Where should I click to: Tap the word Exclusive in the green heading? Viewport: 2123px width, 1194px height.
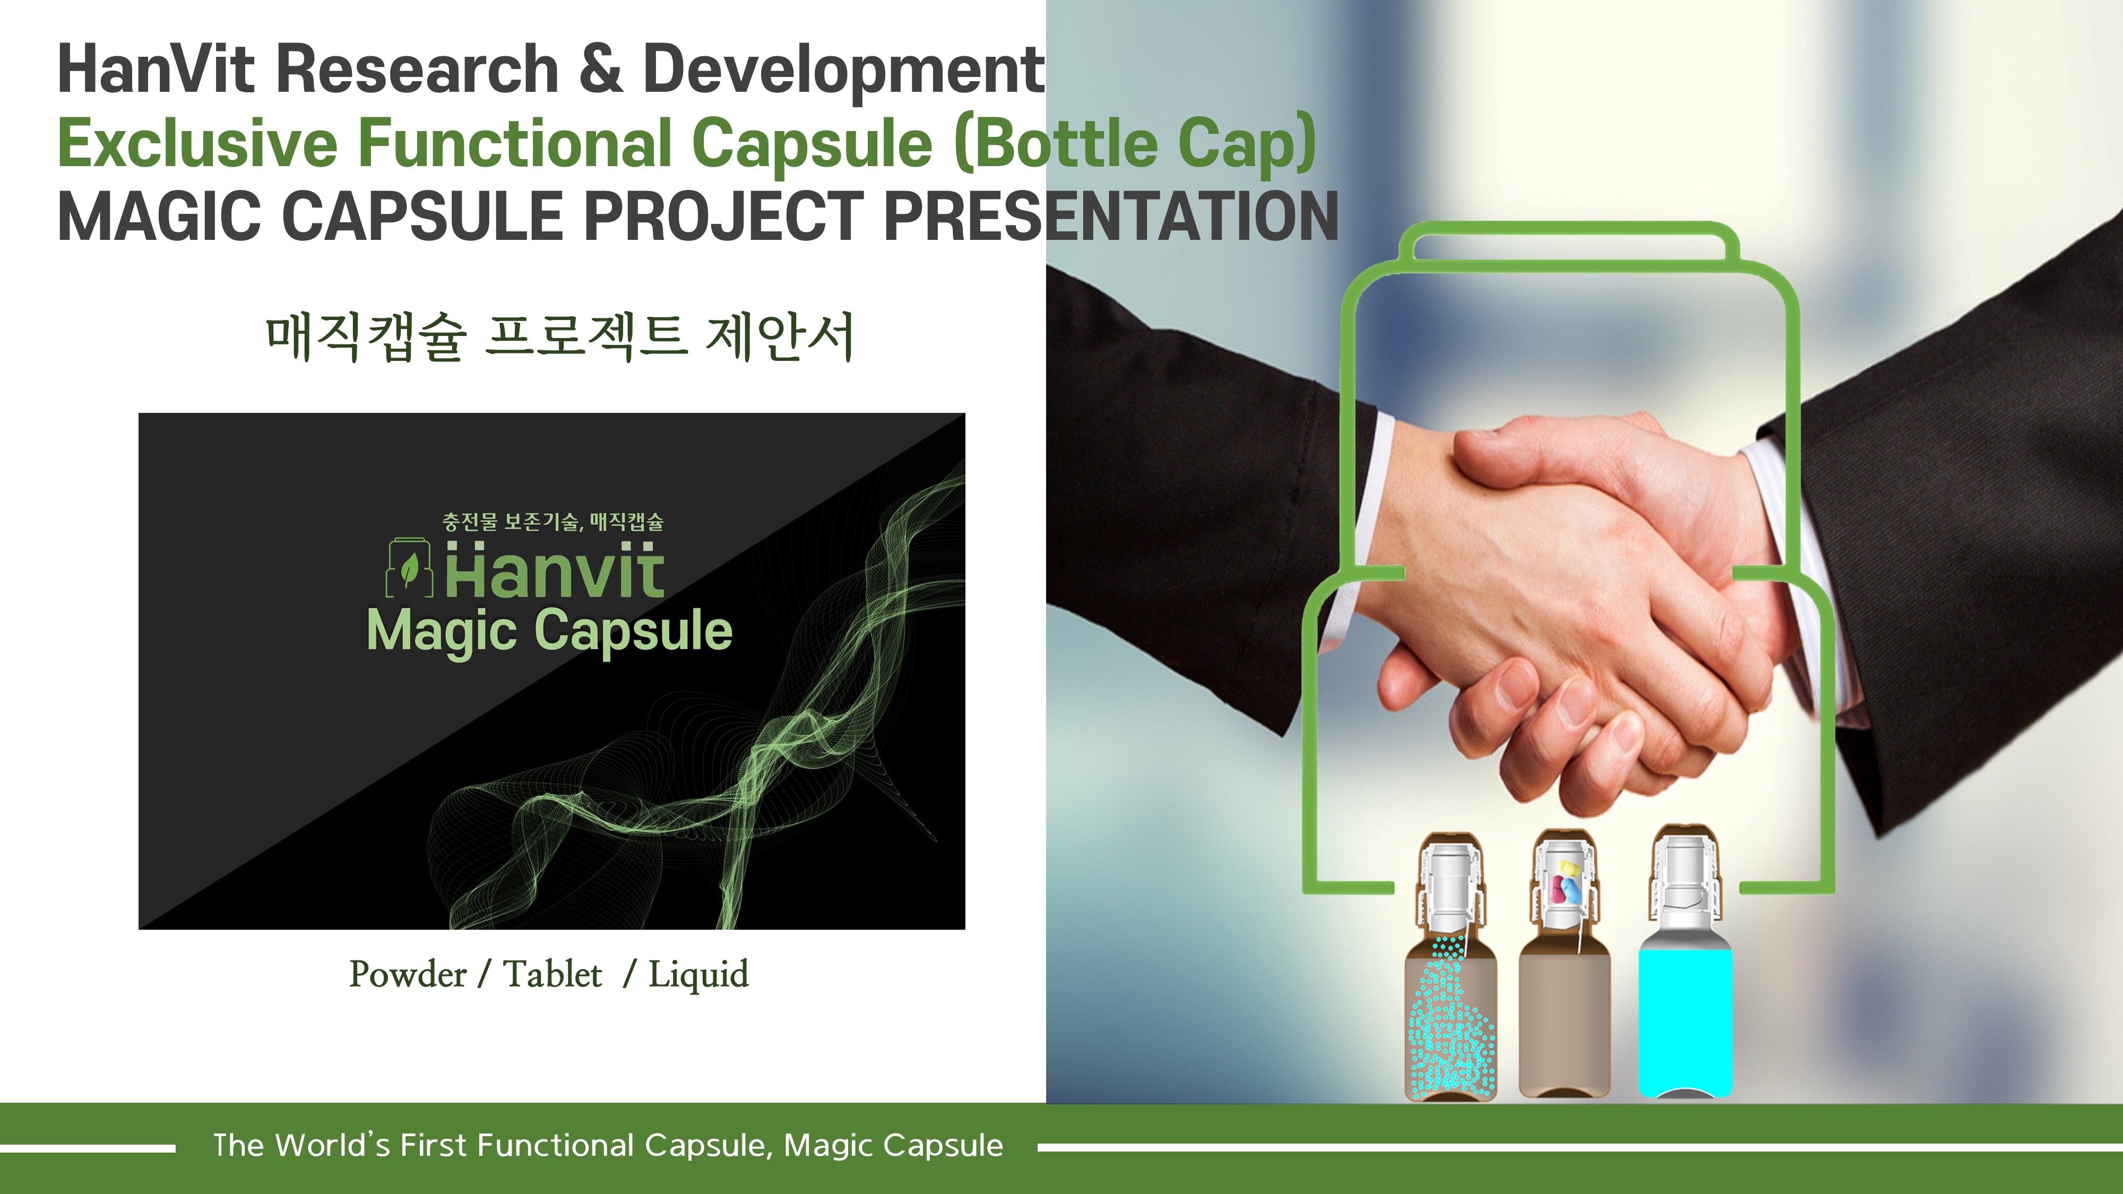pos(198,143)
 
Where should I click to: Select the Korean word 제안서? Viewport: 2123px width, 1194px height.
pos(780,336)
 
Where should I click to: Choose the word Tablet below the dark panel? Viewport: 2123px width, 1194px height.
pos(552,974)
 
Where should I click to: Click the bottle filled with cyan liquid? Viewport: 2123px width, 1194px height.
pos(1685,964)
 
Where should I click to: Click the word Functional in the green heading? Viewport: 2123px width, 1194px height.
pos(514,143)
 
